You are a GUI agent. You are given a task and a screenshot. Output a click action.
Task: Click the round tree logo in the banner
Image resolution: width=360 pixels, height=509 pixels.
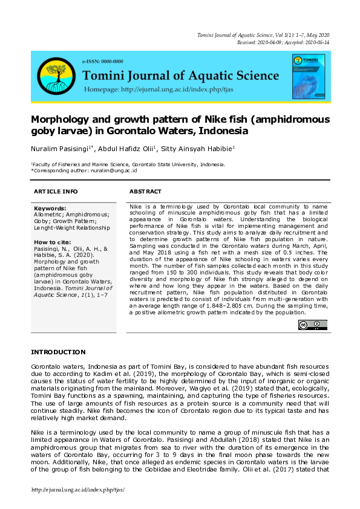pyautogui.click(x=56, y=76)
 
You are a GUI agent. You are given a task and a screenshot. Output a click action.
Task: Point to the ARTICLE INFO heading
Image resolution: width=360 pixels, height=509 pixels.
pyautogui.click(x=56, y=191)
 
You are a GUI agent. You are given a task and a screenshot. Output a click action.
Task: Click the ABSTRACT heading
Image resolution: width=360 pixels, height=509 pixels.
pyautogui.click(x=146, y=191)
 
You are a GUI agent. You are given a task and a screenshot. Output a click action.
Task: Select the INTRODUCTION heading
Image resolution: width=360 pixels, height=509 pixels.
pyautogui.click(x=58, y=352)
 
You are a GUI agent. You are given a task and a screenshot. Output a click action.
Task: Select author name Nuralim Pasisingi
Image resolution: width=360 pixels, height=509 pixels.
pyautogui.click(x=59, y=149)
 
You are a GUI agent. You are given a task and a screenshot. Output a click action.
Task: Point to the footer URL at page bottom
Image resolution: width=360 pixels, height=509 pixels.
pyautogui.click(x=77, y=489)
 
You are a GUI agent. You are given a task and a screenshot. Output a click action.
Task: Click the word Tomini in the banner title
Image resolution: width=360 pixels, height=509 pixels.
pyautogui.click(x=106, y=76)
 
